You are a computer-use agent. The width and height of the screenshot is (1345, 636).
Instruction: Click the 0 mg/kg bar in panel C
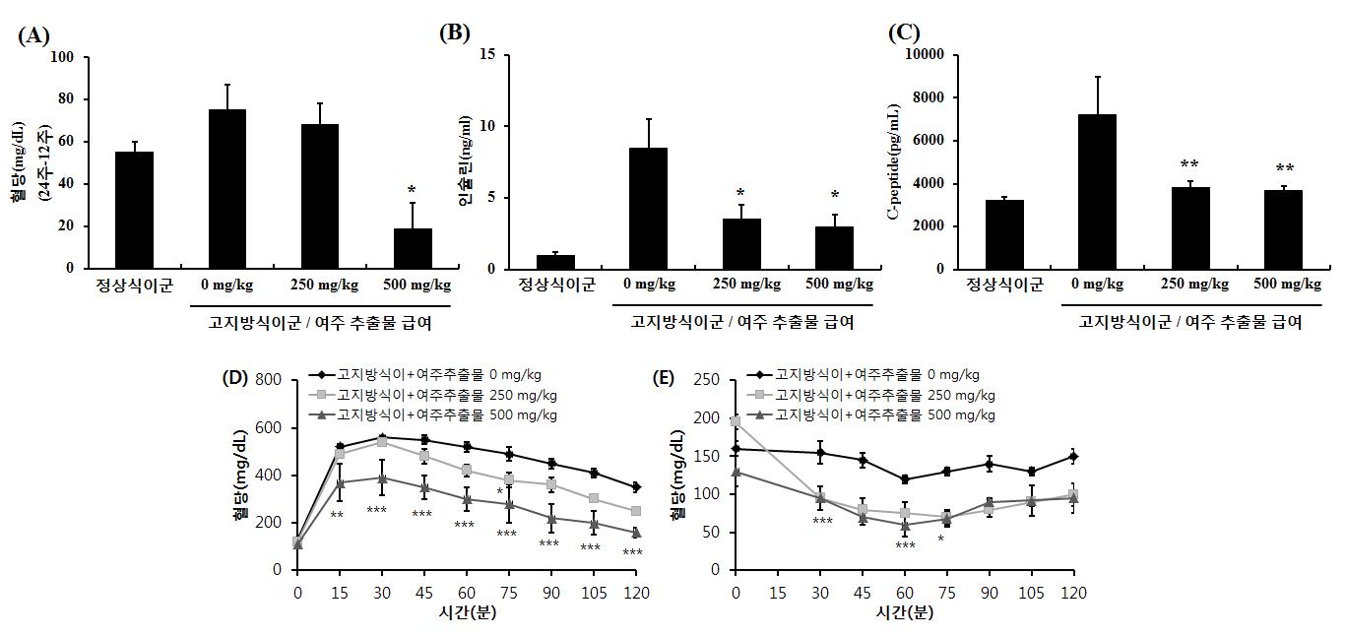(1097, 192)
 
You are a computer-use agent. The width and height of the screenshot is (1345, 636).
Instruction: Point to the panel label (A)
(32, 36)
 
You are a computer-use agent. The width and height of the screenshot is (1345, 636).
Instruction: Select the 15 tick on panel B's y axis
(486, 54)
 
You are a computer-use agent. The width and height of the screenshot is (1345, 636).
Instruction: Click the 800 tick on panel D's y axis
(270, 380)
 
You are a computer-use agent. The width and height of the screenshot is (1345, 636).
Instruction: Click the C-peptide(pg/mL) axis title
(895, 161)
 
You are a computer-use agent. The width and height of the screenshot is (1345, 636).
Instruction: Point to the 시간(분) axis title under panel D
(465, 611)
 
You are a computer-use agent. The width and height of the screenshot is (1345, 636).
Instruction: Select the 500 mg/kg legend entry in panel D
(438, 413)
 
